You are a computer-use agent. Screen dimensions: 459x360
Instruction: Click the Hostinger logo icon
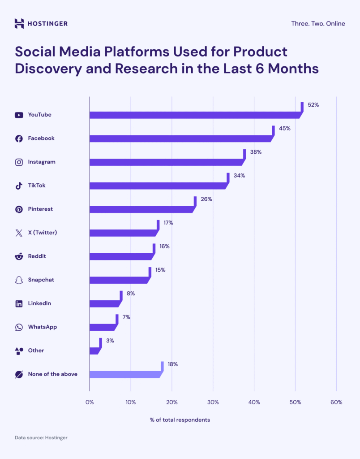coord(19,23)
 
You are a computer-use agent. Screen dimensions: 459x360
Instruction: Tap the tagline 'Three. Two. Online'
coord(317,23)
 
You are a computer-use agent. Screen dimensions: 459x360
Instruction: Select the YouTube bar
coord(194,115)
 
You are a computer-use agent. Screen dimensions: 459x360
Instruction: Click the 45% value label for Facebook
coord(284,129)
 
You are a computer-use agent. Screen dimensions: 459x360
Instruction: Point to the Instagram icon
coord(19,162)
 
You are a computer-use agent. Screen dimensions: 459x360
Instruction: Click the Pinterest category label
coord(40,209)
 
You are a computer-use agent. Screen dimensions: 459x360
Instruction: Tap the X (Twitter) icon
coord(19,233)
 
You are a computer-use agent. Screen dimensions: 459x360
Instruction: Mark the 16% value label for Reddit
coord(164,247)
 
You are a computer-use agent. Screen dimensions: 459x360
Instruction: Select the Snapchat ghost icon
coord(19,280)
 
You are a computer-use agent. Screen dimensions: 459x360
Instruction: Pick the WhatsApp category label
coord(42,327)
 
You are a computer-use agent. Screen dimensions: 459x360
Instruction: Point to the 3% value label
coord(110,341)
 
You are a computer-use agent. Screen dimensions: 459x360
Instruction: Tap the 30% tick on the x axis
coord(213,403)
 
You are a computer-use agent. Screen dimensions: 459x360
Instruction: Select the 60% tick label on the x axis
coord(336,403)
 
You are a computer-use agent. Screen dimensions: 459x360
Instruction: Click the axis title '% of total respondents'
coord(180,420)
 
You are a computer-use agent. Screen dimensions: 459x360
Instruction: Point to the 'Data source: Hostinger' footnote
coord(41,437)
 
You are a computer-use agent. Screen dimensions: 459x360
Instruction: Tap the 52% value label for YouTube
coord(313,105)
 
